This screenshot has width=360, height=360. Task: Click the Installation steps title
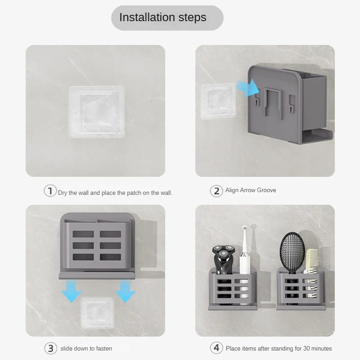163,18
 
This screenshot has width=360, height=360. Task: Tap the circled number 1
50,190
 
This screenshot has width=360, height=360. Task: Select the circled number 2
216,191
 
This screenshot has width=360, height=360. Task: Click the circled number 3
50,348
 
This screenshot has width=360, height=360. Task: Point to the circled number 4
216,348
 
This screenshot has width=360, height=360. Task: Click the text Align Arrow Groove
251,190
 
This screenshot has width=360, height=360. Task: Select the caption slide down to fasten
86,348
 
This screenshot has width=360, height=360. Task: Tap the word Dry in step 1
62,193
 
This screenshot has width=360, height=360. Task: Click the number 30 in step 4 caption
306,348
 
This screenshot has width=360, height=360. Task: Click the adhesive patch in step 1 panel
97,112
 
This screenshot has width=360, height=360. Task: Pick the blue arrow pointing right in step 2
248,88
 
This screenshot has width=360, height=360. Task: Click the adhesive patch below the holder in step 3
97,312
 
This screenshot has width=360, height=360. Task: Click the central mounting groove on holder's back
273,103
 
